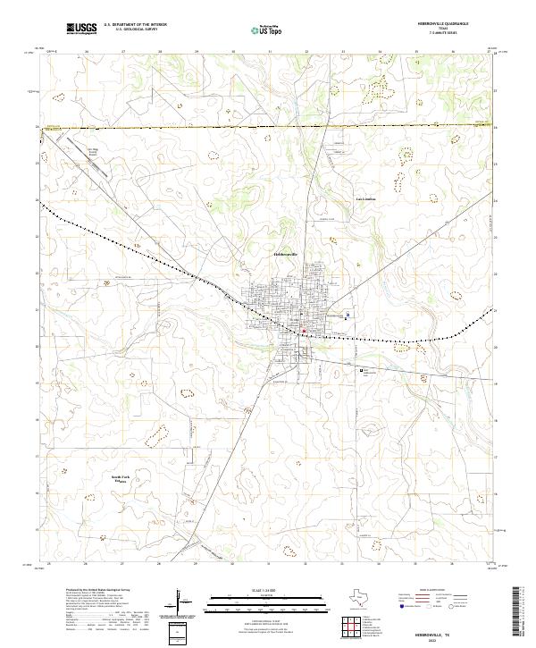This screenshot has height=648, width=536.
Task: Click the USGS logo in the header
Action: (x=81, y=29)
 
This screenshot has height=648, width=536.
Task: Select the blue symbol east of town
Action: (x=348, y=315)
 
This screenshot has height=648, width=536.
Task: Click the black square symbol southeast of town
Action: (x=362, y=369)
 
